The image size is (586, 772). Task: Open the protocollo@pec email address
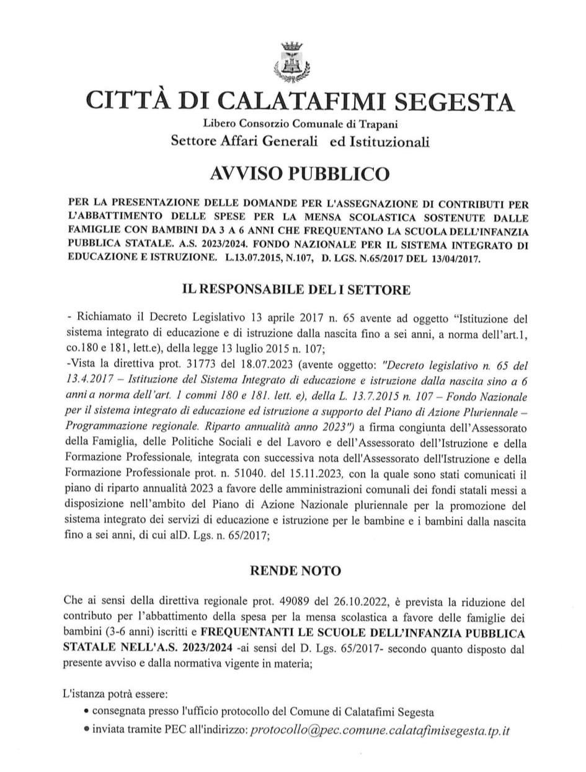379,730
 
